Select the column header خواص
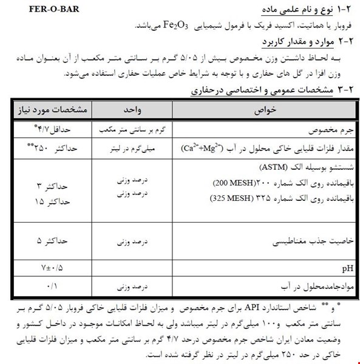click(x=256, y=111)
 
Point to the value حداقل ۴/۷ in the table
click(x=53, y=130)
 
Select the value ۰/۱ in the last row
click(x=53, y=284)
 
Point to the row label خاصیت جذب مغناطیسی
click(x=316, y=241)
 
